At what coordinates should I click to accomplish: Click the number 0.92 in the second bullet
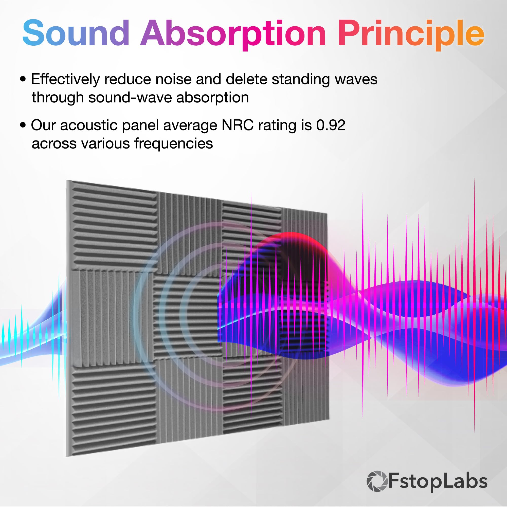(x=331, y=125)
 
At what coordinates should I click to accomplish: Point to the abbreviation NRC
(x=238, y=125)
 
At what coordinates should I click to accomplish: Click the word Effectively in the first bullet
(x=65, y=79)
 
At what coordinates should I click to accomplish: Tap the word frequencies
(x=173, y=143)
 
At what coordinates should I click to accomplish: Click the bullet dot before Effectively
(x=23, y=79)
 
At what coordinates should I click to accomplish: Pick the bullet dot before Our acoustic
(x=23, y=125)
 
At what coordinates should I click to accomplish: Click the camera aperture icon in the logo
(x=377, y=481)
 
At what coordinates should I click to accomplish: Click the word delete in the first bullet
(x=246, y=79)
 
